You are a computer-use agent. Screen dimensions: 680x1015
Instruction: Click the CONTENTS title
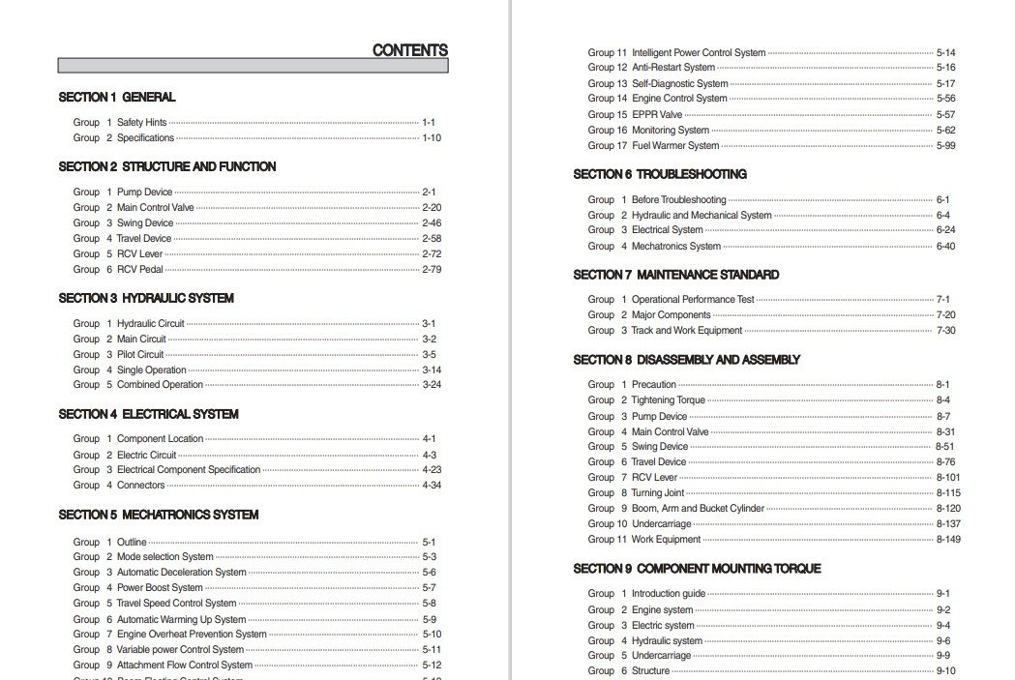(409, 50)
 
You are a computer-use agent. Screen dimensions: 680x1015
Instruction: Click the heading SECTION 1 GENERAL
(117, 97)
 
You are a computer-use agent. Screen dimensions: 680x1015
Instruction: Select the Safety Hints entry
(141, 123)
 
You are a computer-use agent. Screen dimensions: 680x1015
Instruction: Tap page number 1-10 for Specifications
(431, 138)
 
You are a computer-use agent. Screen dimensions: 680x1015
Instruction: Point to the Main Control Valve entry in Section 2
(155, 207)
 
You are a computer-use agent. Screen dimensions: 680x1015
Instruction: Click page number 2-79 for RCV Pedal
(431, 269)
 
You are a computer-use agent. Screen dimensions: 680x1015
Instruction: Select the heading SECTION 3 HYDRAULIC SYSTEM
(146, 298)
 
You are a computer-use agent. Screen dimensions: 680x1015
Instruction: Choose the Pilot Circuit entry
(140, 354)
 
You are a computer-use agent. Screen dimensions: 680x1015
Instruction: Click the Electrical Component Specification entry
(189, 470)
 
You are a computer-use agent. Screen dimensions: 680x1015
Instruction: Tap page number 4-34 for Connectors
(431, 486)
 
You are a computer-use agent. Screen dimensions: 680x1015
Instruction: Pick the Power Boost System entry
(160, 587)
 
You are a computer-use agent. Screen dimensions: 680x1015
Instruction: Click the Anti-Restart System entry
(673, 68)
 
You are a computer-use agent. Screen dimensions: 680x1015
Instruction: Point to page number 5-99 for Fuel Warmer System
(945, 146)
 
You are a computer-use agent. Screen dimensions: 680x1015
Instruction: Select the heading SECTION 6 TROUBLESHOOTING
(660, 174)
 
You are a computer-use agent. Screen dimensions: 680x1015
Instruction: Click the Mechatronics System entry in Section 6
(676, 246)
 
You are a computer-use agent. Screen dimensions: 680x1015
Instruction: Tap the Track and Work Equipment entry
(687, 331)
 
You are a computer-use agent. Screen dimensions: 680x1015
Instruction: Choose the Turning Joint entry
(658, 493)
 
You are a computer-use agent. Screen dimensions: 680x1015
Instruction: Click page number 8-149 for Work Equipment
(947, 540)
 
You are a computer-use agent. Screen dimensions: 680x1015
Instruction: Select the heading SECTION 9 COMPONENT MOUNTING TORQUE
(697, 569)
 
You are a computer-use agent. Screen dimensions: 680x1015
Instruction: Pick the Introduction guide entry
(669, 594)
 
